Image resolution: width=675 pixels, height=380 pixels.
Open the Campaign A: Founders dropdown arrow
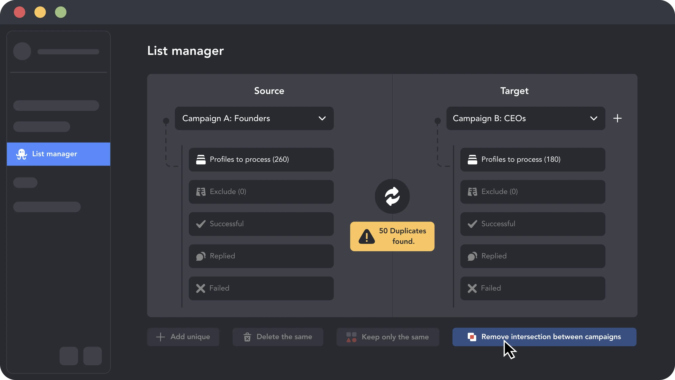pyautogui.click(x=322, y=118)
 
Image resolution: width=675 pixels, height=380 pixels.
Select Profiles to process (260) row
pyautogui.click(x=261, y=159)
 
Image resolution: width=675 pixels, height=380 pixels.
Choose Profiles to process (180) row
pyautogui.click(x=533, y=159)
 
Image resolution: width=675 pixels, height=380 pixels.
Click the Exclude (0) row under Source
pyautogui.click(x=261, y=192)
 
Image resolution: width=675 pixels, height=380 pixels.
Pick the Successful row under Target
pyautogui.click(x=533, y=224)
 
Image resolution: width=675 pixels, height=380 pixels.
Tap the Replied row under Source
pyautogui.click(x=261, y=256)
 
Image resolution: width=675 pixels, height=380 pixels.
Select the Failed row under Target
pyautogui.click(x=533, y=288)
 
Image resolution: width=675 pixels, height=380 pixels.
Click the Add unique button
pyautogui.click(x=183, y=337)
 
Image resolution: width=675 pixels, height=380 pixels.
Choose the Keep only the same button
pyautogui.click(x=388, y=337)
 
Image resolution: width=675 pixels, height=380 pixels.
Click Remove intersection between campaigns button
pyautogui.click(x=544, y=337)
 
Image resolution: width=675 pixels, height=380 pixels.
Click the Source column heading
pyautogui.click(x=269, y=91)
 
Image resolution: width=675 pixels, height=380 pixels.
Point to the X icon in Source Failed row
pyautogui.click(x=201, y=288)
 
